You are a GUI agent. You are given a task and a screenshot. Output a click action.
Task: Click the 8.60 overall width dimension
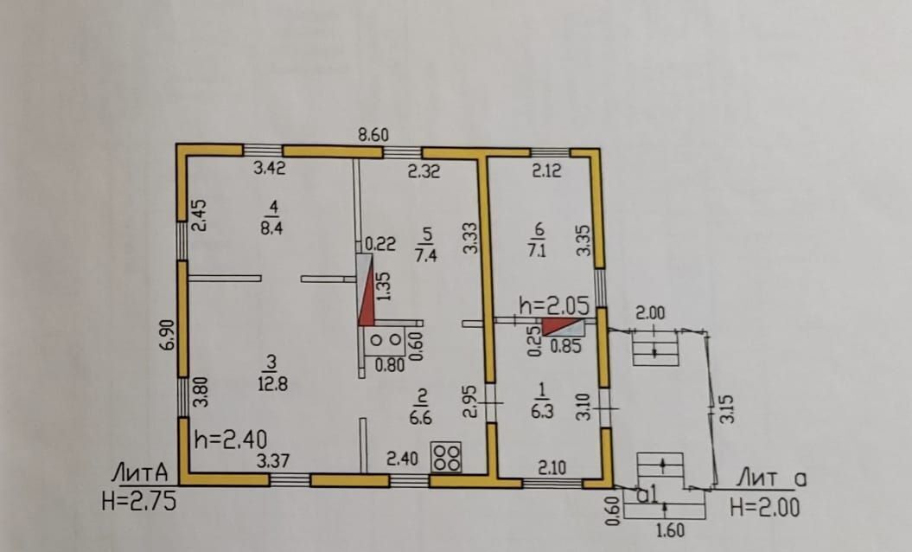point(373,135)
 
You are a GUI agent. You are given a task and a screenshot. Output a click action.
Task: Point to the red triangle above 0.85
point(559,326)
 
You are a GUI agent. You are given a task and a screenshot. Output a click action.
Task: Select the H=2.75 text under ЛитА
point(138,501)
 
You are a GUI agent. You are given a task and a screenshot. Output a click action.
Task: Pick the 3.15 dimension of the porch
point(727,408)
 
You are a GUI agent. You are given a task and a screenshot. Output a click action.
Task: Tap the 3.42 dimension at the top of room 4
point(270,170)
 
